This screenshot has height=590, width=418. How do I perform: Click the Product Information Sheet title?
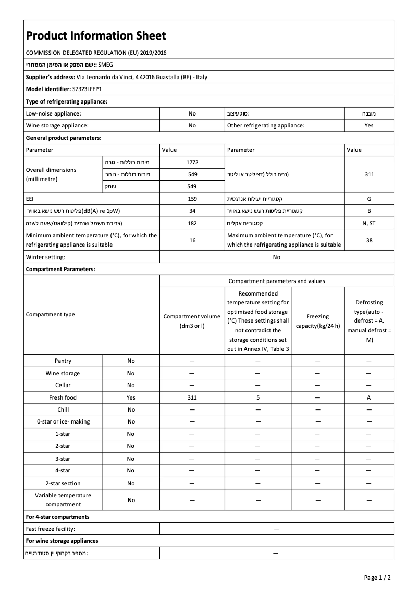click(x=96, y=35)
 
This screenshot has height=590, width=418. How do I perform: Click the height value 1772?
click(x=192, y=162)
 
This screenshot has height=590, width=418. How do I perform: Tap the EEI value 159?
click(x=192, y=199)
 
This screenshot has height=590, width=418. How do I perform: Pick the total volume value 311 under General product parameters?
click(x=369, y=174)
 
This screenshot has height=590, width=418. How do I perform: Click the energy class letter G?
click(x=369, y=199)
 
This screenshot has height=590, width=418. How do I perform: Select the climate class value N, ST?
click(x=369, y=223)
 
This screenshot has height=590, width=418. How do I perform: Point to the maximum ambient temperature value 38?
click(x=369, y=240)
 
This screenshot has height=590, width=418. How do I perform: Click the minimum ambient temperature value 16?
click(x=192, y=240)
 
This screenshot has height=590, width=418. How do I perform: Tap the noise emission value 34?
click(x=192, y=211)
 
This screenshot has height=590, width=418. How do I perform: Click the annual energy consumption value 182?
click(x=192, y=223)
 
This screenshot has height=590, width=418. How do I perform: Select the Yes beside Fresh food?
click(x=131, y=397)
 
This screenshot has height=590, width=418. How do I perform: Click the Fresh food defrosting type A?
click(x=369, y=397)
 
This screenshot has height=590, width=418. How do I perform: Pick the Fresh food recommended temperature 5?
click(x=258, y=397)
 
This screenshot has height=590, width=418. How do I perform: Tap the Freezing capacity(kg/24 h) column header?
click(x=317, y=321)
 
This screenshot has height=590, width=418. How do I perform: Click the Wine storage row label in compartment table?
click(x=63, y=373)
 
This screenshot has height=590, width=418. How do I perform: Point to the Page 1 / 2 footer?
click(x=377, y=578)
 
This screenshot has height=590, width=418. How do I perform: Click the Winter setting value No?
click(x=276, y=257)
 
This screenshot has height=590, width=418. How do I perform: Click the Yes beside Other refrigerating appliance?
click(x=369, y=125)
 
